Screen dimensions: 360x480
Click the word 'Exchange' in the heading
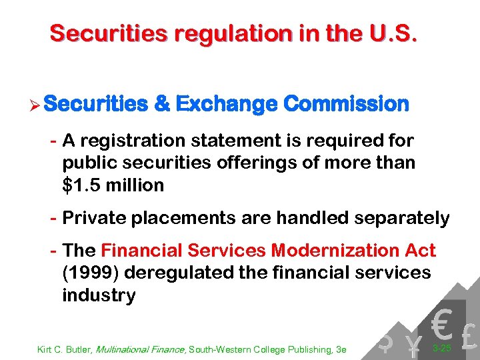click(226, 104)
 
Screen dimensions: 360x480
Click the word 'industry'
click(99, 295)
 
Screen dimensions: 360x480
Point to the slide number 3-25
click(441, 348)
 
